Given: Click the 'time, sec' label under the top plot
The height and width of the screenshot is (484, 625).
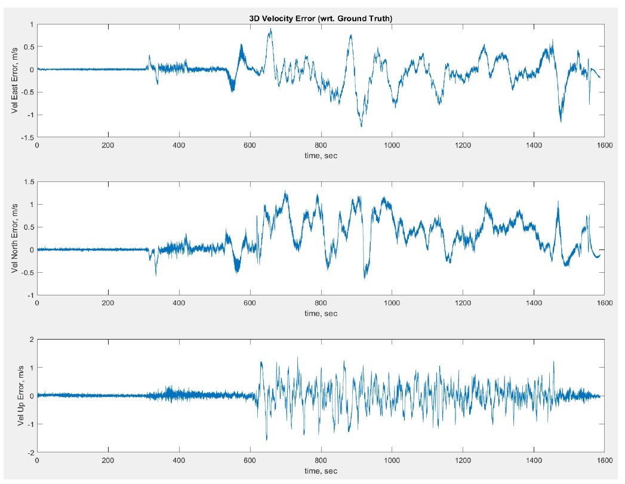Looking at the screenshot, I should point(321,155).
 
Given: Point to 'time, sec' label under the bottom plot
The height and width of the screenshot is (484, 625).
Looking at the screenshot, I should point(321,471).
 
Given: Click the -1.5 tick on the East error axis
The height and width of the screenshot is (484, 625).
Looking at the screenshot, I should point(26,138).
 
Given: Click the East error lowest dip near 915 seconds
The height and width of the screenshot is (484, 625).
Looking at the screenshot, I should point(361,126).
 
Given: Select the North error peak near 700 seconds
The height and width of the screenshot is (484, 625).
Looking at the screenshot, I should point(285,191).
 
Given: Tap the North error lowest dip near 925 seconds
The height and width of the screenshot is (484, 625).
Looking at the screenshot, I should point(364,278).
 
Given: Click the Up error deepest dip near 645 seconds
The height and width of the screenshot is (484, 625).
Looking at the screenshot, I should point(266,440).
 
